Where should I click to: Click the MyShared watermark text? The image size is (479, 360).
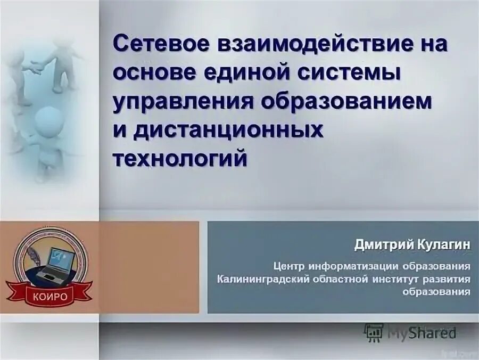(422, 333)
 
